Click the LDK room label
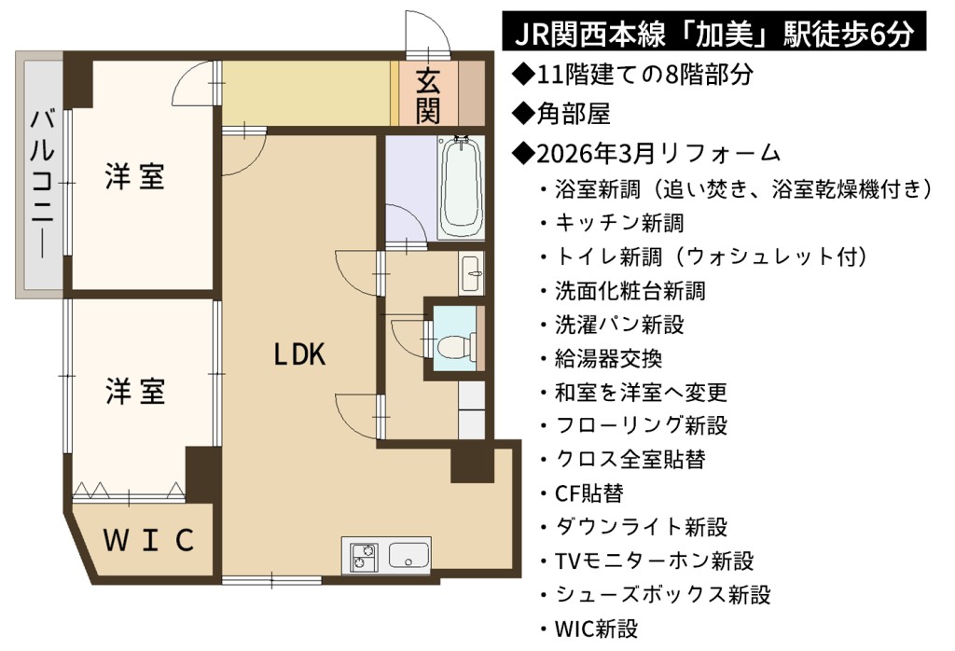point(299,354)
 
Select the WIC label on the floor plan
point(148,540)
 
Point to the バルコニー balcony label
point(42,184)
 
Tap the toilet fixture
point(456,347)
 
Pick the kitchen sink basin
point(408,554)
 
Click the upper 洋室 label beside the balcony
point(134,176)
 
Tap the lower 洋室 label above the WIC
point(135,391)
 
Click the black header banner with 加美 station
point(713,33)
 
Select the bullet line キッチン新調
point(612,224)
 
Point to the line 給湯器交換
point(602,359)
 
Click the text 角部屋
point(561,113)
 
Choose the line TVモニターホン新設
point(647,561)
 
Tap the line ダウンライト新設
point(633,527)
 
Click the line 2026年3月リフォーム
point(647,153)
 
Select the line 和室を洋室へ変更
point(633,392)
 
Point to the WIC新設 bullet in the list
point(589,628)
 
